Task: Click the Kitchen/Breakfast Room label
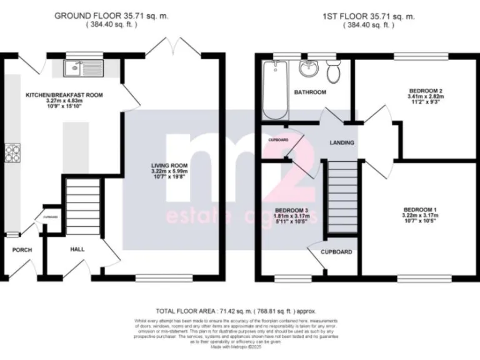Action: (x=64, y=95)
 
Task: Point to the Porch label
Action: (x=22, y=250)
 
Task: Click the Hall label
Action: (x=77, y=249)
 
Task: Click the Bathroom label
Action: (x=311, y=92)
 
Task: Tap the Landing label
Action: (x=342, y=142)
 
